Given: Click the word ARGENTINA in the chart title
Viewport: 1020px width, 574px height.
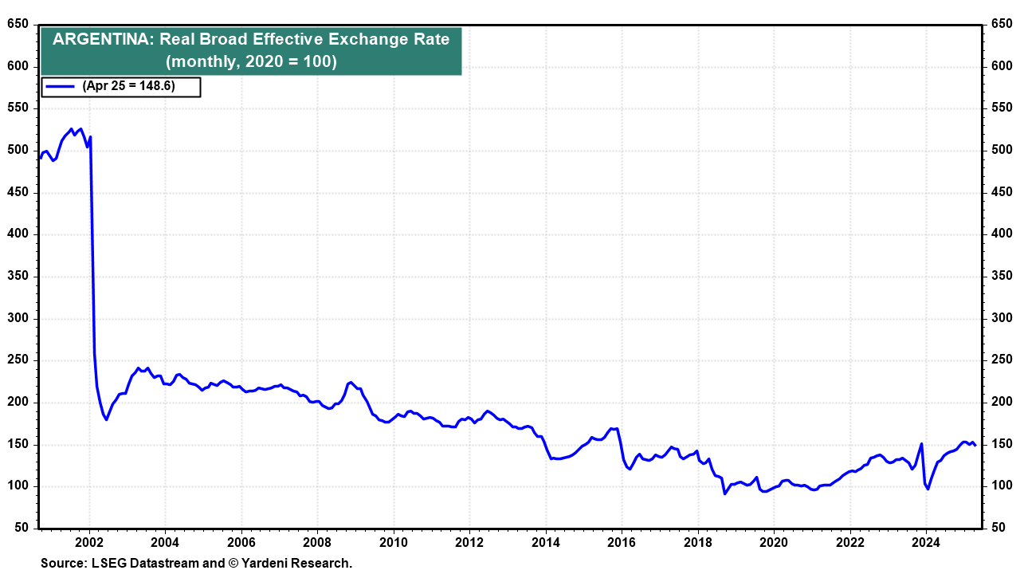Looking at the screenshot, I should click(100, 38).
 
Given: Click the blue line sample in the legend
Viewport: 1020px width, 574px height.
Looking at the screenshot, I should click(61, 86).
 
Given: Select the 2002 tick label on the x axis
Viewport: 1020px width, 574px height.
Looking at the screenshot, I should click(88, 545).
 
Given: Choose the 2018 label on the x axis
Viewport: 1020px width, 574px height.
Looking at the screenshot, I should click(697, 545).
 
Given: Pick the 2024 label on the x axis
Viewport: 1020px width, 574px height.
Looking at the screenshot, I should click(926, 545).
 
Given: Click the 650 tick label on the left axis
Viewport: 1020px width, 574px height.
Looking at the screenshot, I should click(18, 24).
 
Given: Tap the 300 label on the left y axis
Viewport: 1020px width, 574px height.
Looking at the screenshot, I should click(18, 318).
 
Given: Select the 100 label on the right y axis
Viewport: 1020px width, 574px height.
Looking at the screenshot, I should click(1002, 486).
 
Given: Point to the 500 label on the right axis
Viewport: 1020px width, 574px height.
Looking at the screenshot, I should click(1002, 150).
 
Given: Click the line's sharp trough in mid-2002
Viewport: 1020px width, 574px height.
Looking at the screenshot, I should click(106, 419).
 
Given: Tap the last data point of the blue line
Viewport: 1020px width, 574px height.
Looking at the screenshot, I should click(975, 446).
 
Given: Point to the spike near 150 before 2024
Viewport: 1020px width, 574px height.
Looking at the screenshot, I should click(921, 444).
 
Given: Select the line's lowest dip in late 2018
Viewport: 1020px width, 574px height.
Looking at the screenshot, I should click(724, 493).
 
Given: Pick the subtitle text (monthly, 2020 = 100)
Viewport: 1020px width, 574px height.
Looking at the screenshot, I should click(250, 61).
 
